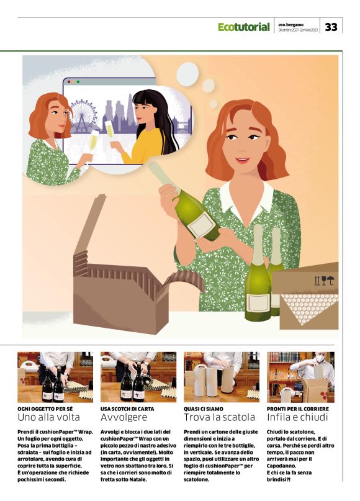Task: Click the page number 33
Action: [x=331, y=27]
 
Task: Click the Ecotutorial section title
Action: [x=244, y=27]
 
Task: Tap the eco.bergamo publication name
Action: [x=291, y=25]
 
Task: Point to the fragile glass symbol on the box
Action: [x=324, y=281]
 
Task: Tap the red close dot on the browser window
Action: [x=69, y=82]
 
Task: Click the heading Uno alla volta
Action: [x=48, y=417]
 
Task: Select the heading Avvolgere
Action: [x=124, y=417]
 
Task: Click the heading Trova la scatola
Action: [x=220, y=417]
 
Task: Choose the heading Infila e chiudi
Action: [x=297, y=417]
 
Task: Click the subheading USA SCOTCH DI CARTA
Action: [x=127, y=408]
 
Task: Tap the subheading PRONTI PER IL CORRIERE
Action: [x=298, y=408]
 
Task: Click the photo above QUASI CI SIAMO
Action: [x=222, y=377]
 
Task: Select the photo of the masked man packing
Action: [x=300, y=377]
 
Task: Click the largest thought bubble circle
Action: [x=187, y=74]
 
